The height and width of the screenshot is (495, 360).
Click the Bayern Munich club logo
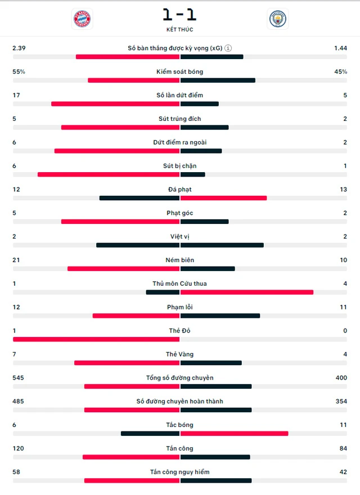(x=83, y=19)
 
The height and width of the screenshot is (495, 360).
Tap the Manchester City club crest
(x=277, y=19)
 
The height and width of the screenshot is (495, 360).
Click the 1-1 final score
(x=179, y=13)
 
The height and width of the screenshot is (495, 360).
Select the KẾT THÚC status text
(x=179, y=29)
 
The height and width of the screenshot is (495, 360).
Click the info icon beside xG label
(x=228, y=48)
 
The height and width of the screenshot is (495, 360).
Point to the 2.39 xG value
(x=19, y=48)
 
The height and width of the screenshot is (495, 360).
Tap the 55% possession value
(x=19, y=72)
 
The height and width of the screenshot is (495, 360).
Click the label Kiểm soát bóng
(x=179, y=72)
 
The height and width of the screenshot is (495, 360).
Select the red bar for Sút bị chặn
(x=109, y=174)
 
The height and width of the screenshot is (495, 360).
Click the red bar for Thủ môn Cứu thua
(x=246, y=292)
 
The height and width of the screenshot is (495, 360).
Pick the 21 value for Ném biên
(x=16, y=260)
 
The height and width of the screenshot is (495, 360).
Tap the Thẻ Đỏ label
(x=179, y=331)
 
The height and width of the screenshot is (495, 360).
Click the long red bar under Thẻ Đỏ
(x=96, y=339)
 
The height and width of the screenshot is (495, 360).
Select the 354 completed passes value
(x=340, y=401)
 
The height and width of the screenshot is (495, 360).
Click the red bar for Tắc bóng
(x=234, y=433)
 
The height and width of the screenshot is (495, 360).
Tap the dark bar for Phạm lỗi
(x=220, y=316)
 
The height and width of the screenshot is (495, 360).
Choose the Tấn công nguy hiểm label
(x=179, y=472)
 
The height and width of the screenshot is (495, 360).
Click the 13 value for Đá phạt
(x=343, y=190)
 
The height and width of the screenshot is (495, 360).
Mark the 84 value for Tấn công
(x=343, y=448)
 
